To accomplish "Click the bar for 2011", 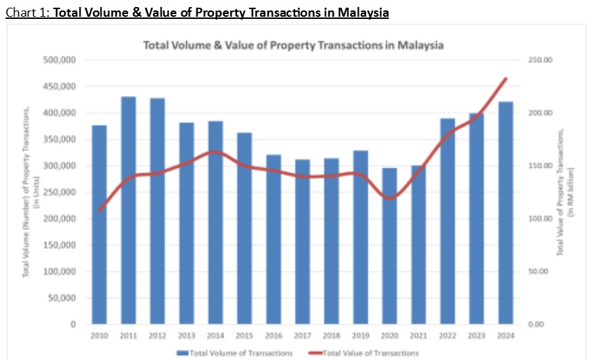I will [129, 210].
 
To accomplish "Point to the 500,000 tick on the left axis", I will [60, 60].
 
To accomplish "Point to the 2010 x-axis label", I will [99, 336].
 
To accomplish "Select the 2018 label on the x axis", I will [331, 336].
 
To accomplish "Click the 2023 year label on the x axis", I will [476, 336].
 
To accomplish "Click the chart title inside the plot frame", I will [294, 45].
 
